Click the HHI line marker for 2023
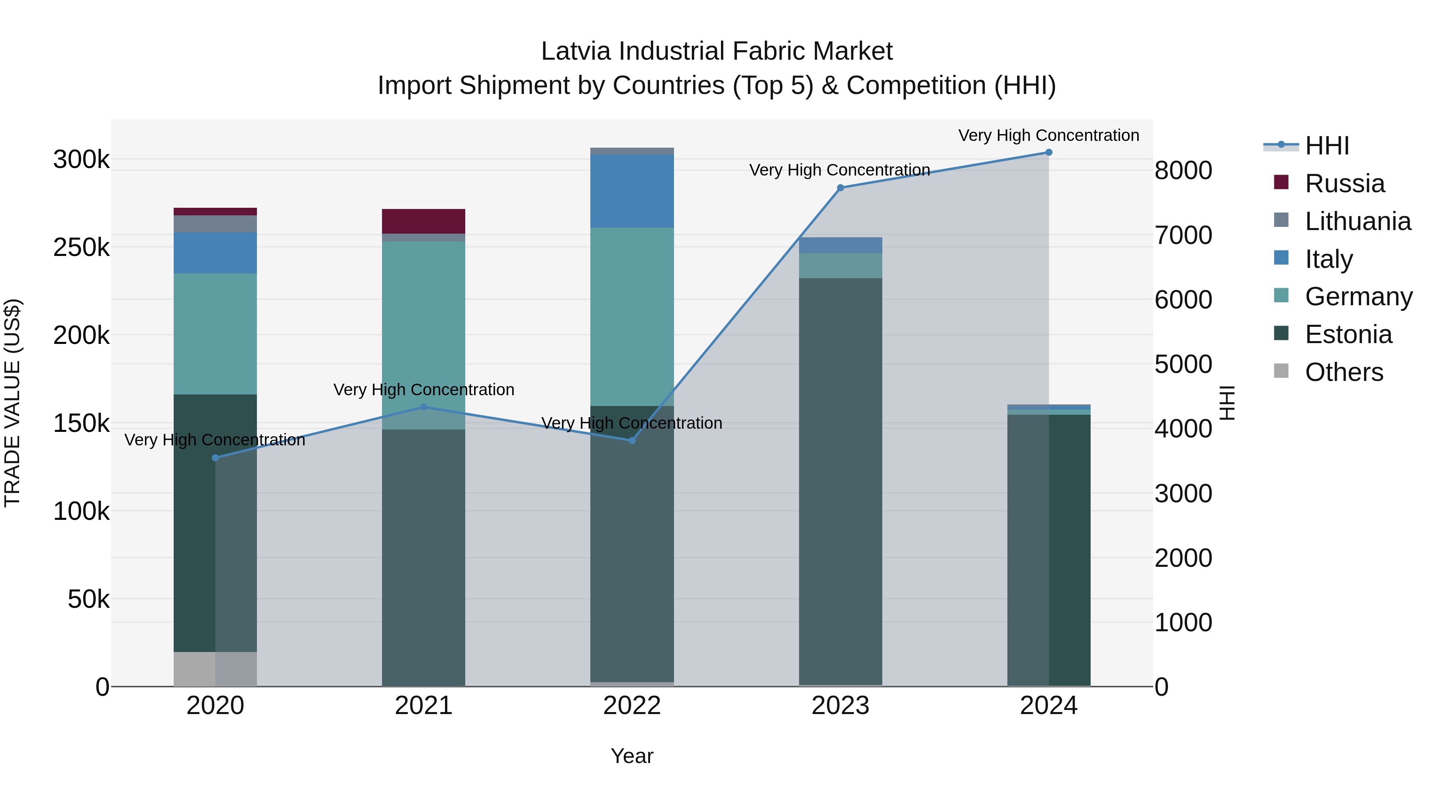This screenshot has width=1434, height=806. (x=840, y=188)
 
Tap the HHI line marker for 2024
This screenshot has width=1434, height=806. (x=1049, y=152)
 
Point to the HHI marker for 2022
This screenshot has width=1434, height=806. (x=632, y=441)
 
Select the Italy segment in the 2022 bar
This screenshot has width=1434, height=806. (x=632, y=191)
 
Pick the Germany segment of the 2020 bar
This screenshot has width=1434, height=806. (x=215, y=334)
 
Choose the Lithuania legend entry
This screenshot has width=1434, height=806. (x=1358, y=221)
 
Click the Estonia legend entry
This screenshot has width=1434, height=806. (x=1348, y=335)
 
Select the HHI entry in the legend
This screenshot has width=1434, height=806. (x=1327, y=146)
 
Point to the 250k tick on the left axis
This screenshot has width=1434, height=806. (x=81, y=248)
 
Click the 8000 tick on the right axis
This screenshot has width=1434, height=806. (x=1183, y=171)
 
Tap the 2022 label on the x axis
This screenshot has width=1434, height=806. (x=632, y=706)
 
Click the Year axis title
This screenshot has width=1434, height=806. (x=632, y=756)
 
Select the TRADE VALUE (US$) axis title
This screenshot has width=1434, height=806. (x=12, y=403)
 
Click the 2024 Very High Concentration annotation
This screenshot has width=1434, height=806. (x=1049, y=136)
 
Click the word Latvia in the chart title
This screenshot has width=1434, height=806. (x=577, y=51)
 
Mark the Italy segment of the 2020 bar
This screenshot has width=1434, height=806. (x=215, y=253)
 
